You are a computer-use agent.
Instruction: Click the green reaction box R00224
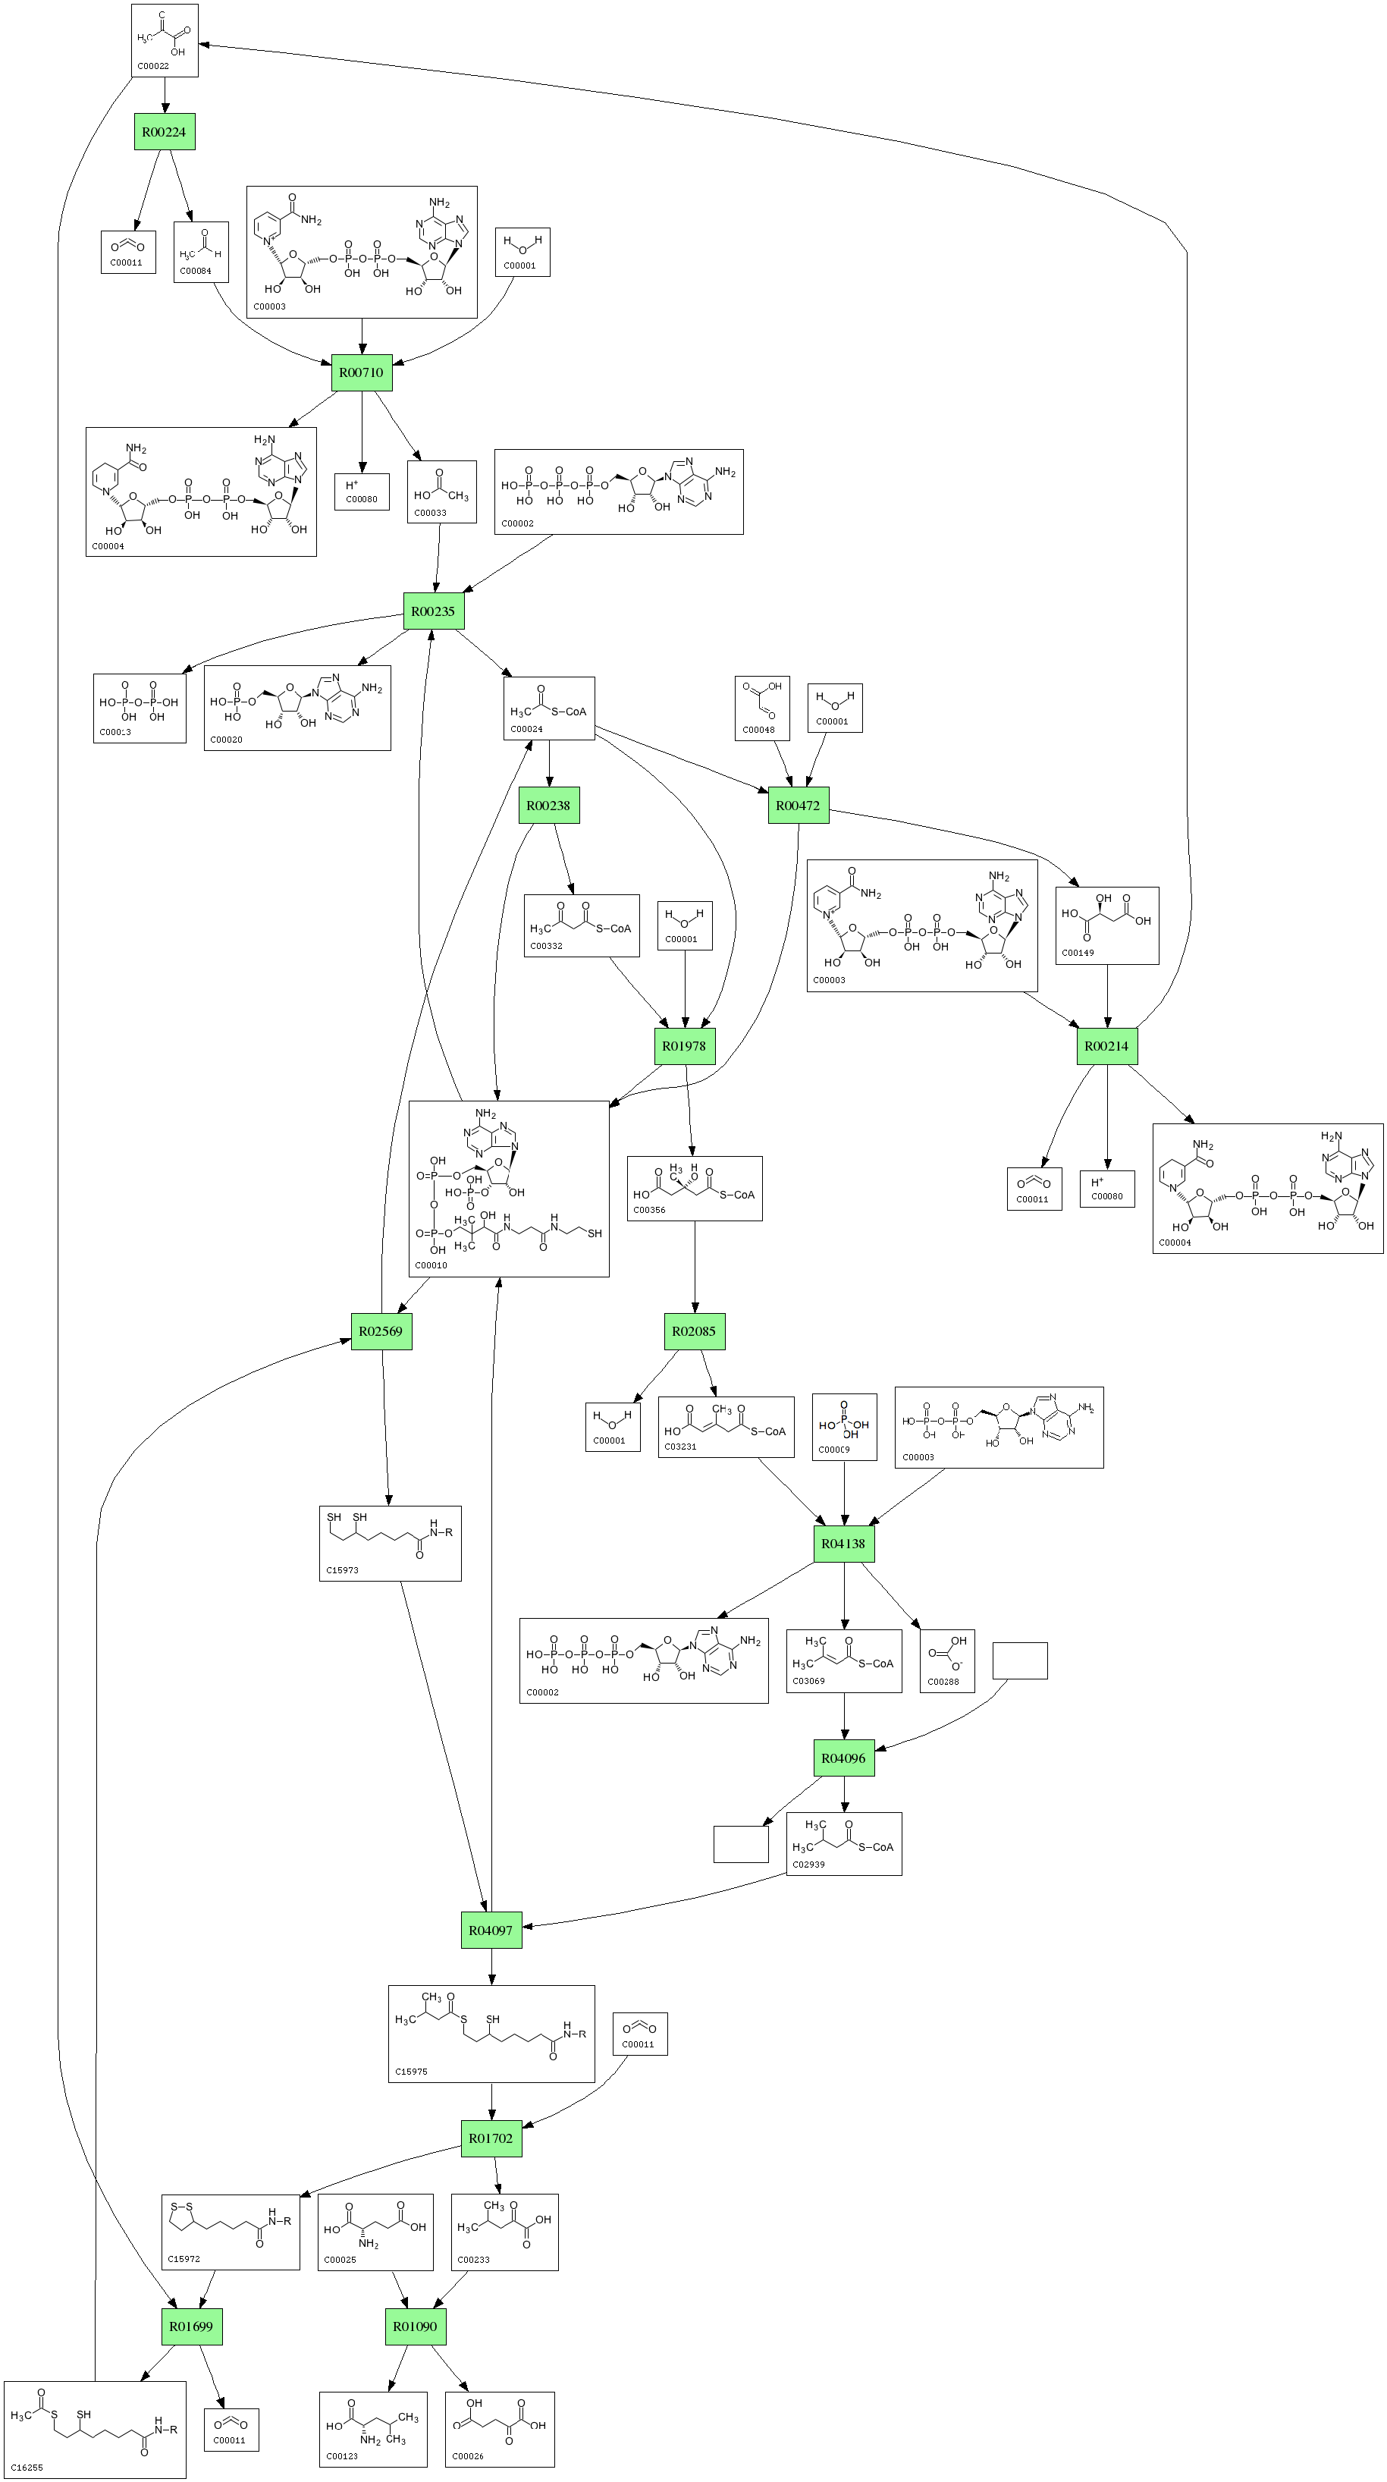[164, 132]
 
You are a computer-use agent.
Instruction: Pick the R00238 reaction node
[549, 806]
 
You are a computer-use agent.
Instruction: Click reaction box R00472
[799, 806]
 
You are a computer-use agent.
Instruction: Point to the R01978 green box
[685, 1046]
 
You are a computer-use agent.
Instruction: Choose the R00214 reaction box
[1106, 1046]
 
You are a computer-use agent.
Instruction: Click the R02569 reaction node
[381, 1331]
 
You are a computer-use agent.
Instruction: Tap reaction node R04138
[844, 1544]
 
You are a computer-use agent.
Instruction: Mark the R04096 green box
[844, 1758]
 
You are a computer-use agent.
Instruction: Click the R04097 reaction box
[491, 1931]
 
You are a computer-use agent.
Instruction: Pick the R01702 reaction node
[491, 2139]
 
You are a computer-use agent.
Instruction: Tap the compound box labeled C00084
[201, 252]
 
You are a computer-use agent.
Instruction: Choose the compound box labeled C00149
[1106, 925]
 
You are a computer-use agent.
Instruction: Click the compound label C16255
[27, 2468]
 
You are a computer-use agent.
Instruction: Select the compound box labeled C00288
[947, 1660]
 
